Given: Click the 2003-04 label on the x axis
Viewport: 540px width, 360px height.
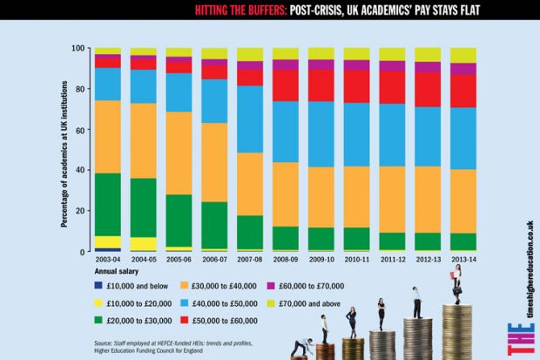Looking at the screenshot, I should pyautogui.click(x=108, y=260).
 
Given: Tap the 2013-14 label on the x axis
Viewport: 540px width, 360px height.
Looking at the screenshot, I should pyautogui.click(x=462, y=260).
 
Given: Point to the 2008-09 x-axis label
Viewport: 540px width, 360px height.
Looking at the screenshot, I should pyautogui.click(x=286, y=260).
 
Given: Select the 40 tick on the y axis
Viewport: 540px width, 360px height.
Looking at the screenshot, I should pyautogui.click(x=79, y=171).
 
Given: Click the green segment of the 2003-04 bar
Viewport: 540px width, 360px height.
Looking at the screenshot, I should pyautogui.click(x=108, y=204).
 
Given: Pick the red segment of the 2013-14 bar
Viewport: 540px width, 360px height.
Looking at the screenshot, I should pyautogui.click(x=462, y=91).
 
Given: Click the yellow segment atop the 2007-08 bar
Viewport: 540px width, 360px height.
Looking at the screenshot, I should pyautogui.click(x=250, y=54).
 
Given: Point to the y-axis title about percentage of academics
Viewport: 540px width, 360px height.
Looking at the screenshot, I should pyautogui.click(x=64, y=149).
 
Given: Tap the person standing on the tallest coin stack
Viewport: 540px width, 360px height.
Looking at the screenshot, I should pyautogui.click(x=455, y=284).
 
